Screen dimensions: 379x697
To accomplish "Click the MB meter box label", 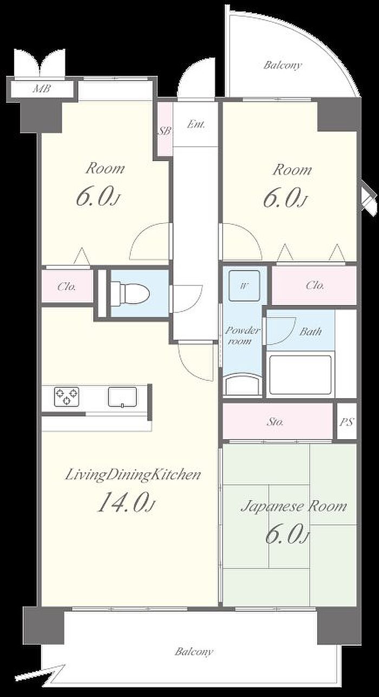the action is tap(42, 89).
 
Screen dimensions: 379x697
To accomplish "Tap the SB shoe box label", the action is tap(165, 131).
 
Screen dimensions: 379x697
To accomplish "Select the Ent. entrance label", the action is tap(196, 125).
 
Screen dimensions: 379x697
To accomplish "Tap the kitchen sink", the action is tap(122, 397).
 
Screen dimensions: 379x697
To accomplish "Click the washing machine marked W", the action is tap(244, 285).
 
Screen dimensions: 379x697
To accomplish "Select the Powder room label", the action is tap(242, 336).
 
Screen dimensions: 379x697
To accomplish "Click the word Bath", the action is tap(310, 331).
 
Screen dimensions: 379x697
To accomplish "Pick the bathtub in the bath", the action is tap(300, 375).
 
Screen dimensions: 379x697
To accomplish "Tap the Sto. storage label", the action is tap(276, 422).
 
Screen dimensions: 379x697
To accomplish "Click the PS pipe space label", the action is tap(347, 422).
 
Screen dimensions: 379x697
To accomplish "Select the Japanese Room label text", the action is tap(294, 506).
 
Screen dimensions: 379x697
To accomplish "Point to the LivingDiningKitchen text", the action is tap(133, 475).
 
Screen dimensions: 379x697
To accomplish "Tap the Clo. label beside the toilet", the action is tap(67, 286).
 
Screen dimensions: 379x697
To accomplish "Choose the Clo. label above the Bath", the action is tap(315, 285).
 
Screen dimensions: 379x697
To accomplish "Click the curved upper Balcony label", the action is tap(283, 66).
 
